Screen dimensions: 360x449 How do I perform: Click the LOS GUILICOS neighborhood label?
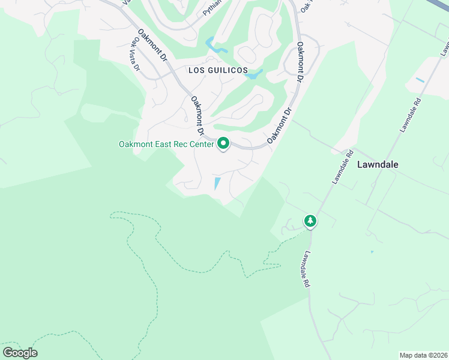click(x=218, y=71)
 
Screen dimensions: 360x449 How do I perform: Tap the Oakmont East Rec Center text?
click(x=166, y=144)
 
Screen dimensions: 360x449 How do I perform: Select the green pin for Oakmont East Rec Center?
click(x=223, y=143)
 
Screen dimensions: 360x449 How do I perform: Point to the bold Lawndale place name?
click(x=378, y=164)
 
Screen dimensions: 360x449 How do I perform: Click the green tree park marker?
click(x=310, y=221)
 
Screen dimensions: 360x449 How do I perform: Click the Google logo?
click(x=20, y=353)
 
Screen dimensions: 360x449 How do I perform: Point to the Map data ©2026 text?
click(x=423, y=355)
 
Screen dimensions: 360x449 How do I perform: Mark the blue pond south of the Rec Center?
click(x=217, y=183)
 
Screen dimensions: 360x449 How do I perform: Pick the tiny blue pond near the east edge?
click(x=420, y=80)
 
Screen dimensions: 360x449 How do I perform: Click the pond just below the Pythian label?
click(x=215, y=45)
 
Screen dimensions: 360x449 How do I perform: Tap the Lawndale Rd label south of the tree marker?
click(x=307, y=269)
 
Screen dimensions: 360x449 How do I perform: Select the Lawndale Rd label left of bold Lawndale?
click(x=340, y=167)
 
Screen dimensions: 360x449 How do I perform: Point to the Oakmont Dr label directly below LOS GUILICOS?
click(x=198, y=115)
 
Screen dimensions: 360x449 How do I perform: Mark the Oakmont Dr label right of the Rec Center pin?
click(x=280, y=124)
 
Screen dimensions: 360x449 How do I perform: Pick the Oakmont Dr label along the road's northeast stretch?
click(x=300, y=62)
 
